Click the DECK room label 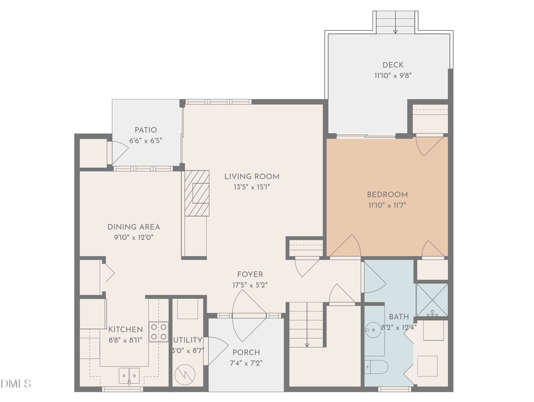point(392,65)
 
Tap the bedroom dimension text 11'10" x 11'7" point(387,205)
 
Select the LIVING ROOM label point(252,176)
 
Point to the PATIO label point(145,130)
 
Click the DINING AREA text point(133,226)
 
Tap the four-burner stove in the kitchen point(158,331)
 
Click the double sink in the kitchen point(128,375)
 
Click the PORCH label point(246,352)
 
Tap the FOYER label point(250,274)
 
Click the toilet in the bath point(376,366)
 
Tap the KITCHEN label point(125,330)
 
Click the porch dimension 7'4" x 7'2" point(246,363)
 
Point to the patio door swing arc point(119,154)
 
